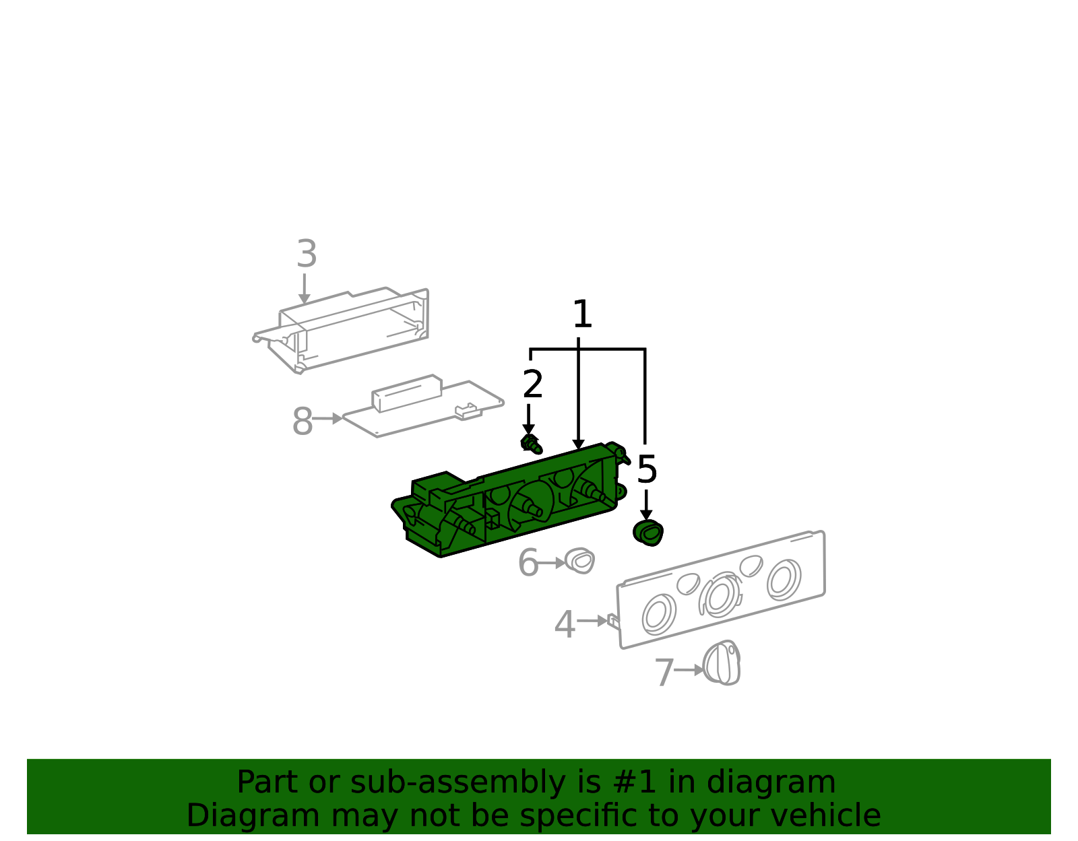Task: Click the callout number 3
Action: click(307, 254)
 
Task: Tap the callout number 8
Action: click(303, 422)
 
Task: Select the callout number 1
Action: click(582, 314)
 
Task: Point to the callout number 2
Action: click(533, 384)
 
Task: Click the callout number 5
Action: click(647, 469)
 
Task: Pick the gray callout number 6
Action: click(528, 562)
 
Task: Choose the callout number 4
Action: click(565, 624)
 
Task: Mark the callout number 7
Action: click(665, 672)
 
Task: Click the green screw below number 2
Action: click(532, 444)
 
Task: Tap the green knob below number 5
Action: click(648, 533)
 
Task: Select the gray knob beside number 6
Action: click(579, 560)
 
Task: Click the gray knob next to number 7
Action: click(722, 663)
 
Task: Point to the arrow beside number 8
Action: click(327, 419)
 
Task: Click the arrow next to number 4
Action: click(592, 620)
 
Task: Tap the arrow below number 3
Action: click(305, 289)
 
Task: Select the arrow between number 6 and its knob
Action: click(552, 563)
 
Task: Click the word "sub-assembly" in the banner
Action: click(457, 782)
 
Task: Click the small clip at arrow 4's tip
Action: click(614, 621)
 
